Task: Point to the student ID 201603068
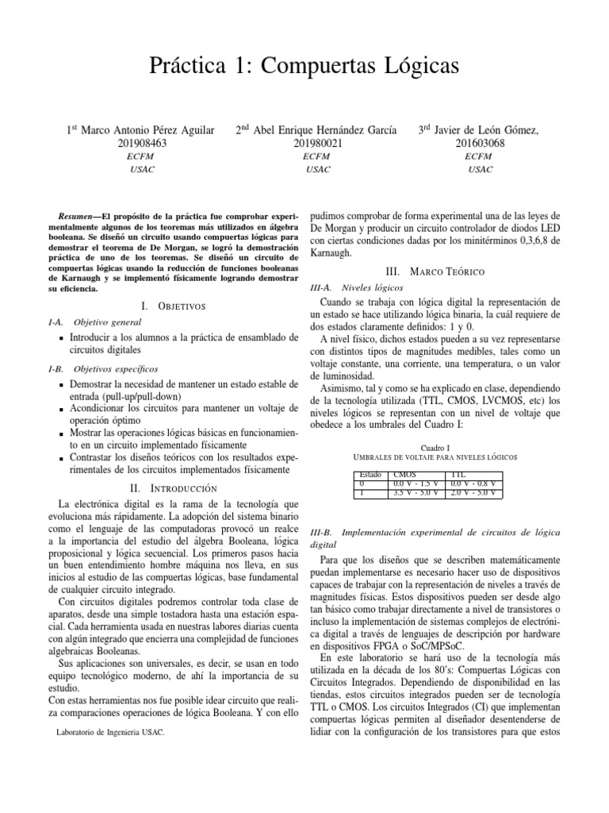(x=479, y=143)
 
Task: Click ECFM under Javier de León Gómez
(x=479, y=156)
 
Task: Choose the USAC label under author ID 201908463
(x=140, y=169)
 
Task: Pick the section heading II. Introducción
(x=172, y=487)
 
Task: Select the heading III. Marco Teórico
(x=435, y=272)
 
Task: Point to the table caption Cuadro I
(x=435, y=447)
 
